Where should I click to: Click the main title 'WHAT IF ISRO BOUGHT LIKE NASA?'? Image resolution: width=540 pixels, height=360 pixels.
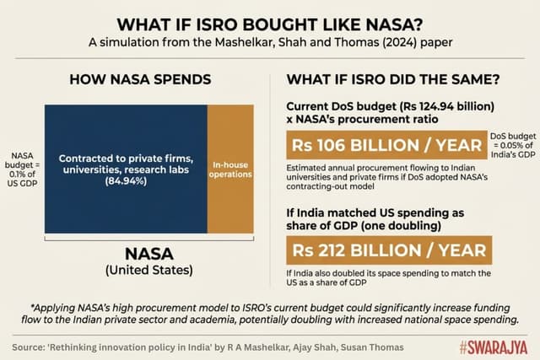point(270,23)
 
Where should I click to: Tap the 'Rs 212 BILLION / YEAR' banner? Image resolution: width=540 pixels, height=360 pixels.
point(388,250)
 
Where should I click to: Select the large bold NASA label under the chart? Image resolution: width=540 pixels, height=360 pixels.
point(148,253)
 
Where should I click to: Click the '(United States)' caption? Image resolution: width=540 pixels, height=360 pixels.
point(148,271)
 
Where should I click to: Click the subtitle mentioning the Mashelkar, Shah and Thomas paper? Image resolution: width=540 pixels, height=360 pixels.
point(270,42)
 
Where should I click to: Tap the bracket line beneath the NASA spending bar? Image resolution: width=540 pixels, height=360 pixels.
point(148,239)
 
